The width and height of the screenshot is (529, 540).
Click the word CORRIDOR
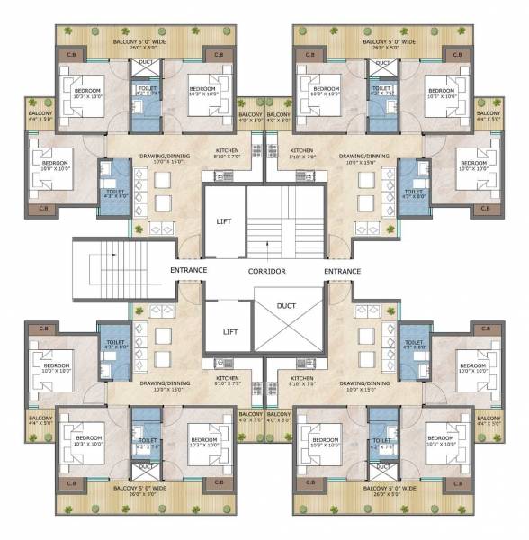[x=267, y=271]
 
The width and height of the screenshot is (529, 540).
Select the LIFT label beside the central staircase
[x=225, y=221]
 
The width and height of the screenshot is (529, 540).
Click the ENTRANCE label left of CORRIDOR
[x=189, y=270]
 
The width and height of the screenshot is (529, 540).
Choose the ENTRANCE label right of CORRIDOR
[x=342, y=270]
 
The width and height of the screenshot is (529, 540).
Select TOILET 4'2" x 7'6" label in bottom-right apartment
[x=382, y=444]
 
